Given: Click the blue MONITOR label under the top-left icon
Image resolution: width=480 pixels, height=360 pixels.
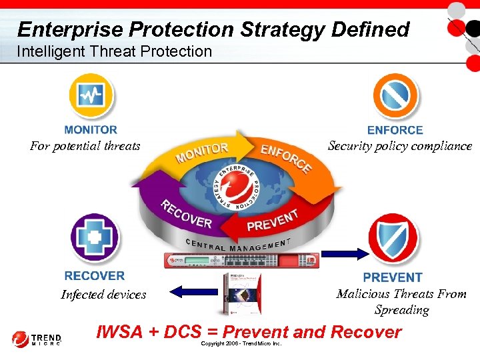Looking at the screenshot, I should point(91,130).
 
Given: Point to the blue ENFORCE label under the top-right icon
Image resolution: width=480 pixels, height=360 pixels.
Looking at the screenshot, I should point(395,131).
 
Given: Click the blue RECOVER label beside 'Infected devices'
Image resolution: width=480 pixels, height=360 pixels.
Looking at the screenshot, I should point(95,275).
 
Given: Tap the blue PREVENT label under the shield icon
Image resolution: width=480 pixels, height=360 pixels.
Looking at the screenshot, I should point(393,277).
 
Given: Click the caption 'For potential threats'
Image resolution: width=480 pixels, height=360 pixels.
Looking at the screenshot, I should point(85,146).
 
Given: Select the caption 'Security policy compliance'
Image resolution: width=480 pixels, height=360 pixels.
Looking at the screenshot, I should point(400,146).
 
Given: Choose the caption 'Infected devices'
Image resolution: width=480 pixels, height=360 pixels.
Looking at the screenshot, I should point(103,295).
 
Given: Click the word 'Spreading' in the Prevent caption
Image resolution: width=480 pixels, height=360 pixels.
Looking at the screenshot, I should point(401,310).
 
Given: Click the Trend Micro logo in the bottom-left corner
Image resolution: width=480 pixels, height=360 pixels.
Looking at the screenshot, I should point(36,339).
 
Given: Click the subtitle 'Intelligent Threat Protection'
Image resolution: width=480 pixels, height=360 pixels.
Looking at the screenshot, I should point(114,51).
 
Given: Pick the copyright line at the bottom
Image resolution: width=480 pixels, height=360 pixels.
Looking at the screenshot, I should point(241,344).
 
